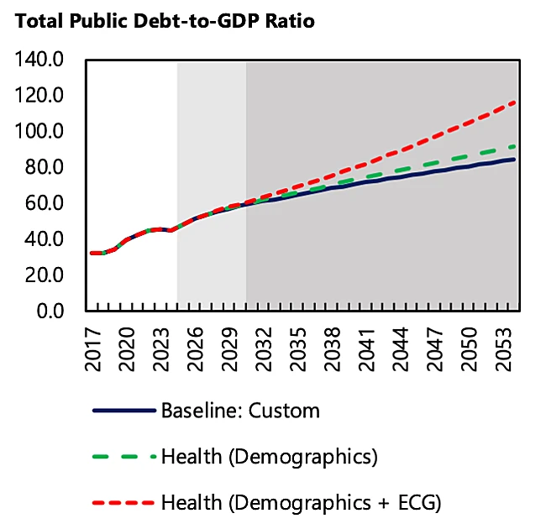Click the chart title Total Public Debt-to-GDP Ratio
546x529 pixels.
[x=163, y=21]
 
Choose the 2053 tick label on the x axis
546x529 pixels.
[x=502, y=346]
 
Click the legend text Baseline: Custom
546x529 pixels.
[x=240, y=411]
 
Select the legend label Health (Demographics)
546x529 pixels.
[x=269, y=458]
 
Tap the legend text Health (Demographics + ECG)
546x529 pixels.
[x=301, y=503]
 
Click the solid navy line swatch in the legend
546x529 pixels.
[x=124, y=411]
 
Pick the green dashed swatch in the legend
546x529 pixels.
[x=124, y=458]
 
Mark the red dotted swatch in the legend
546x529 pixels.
[x=124, y=503]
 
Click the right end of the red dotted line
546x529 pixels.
[x=514, y=102]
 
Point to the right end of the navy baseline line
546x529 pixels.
[x=514, y=160]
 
